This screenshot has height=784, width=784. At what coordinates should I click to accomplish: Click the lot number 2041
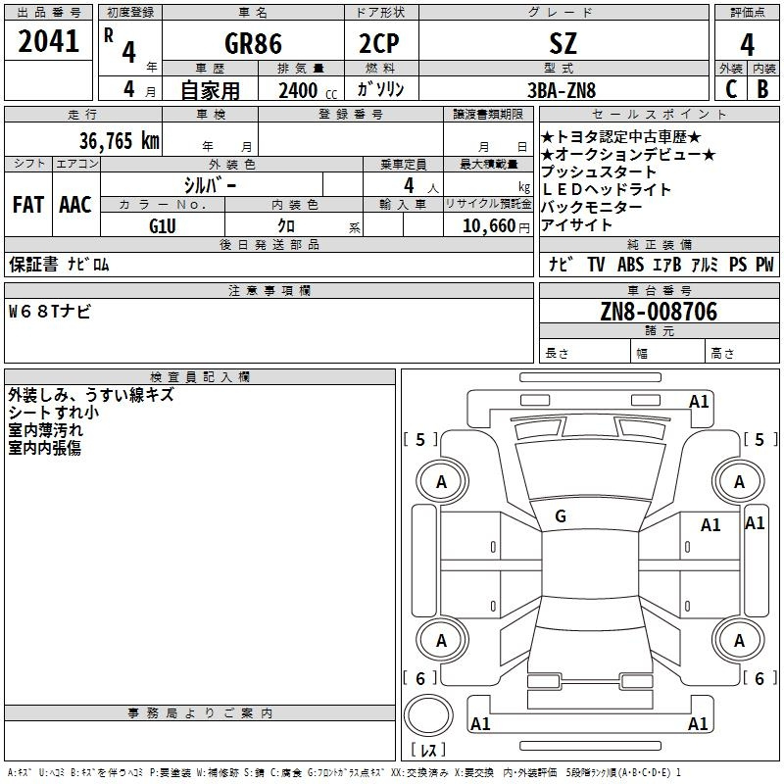click(48, 41)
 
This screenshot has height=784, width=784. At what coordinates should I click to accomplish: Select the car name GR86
click(253, 43)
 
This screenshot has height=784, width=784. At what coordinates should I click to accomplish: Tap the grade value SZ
click(563, 43)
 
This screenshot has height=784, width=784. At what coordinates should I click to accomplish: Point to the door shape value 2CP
click(379, 43)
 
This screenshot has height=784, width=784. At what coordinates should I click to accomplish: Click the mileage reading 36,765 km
click(120, 140)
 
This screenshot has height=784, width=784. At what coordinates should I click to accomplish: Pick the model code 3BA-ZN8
click(562, 90)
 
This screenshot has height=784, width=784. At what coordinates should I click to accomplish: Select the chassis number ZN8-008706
click(659, 312)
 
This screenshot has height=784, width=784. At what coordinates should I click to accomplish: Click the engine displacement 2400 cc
click(308, 90)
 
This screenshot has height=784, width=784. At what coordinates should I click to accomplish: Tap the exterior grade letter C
click(731, 89)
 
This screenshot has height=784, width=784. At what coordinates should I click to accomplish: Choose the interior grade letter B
click(763, 89)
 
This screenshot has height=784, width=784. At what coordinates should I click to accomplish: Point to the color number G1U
click(163, 226)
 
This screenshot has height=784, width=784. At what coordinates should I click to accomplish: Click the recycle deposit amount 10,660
click(489, 226)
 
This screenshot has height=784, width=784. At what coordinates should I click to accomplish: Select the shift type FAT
click(28, 205)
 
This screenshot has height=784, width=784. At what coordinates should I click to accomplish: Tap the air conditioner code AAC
click(75, 205)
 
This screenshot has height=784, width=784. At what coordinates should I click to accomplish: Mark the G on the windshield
click(561, 516)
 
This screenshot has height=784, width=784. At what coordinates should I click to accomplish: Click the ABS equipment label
click(630, 264)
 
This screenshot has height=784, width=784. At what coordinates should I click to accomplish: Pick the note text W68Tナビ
click(50, 312)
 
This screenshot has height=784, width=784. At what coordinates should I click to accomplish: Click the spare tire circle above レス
click(428, 715)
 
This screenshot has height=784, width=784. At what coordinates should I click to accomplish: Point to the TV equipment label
click(596, 264)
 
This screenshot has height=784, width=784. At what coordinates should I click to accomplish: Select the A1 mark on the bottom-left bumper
click(480, 723)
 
